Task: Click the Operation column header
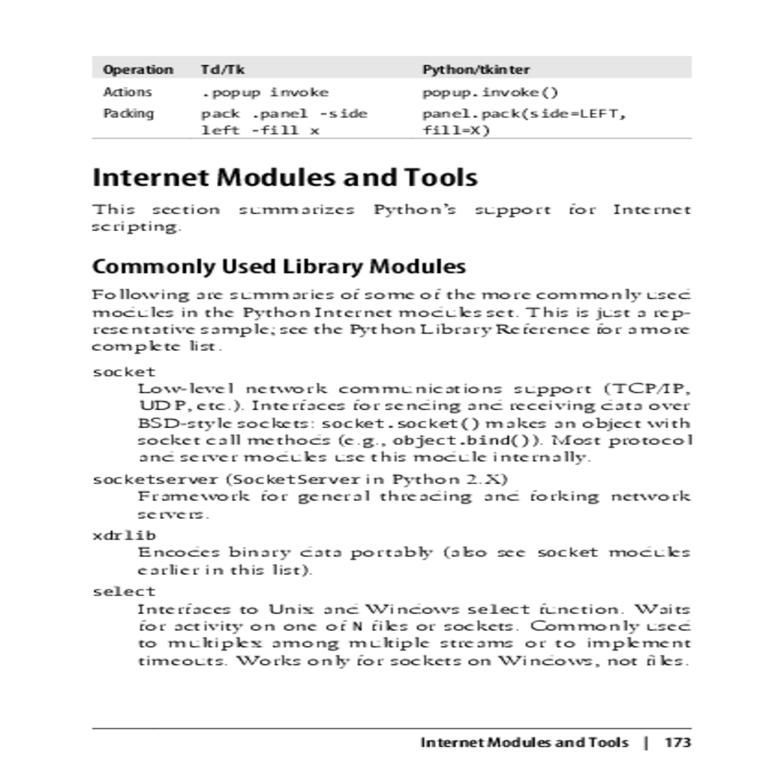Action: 138,69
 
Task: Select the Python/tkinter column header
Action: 476,69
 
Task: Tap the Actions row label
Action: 127,92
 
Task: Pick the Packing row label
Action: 129,113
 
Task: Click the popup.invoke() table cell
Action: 490,92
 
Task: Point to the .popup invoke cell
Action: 265,92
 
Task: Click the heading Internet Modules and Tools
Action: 285,177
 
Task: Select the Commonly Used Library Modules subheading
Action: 279,266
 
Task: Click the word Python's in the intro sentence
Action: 414,210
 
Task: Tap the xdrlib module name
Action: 124,535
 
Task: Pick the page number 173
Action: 678,742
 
